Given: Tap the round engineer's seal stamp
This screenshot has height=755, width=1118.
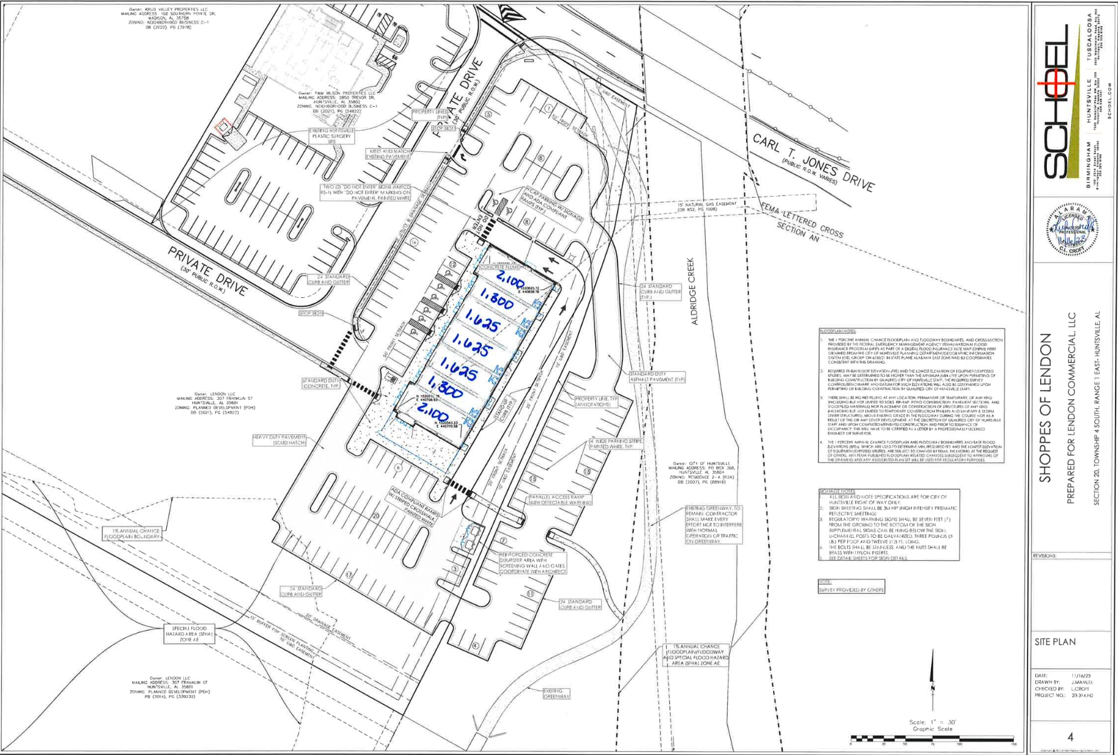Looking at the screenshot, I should tap(1072, 230).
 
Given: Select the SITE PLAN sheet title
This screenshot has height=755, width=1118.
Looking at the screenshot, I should tap(1055, 642).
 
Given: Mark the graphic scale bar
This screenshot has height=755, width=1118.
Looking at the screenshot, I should tap(932, 739).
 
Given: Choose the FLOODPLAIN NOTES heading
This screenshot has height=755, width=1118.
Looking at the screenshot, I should tap(838, 332).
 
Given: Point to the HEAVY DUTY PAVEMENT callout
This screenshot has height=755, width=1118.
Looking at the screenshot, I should tap(280, 440).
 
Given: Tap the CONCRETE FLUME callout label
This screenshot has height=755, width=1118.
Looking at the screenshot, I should tap(499, 267).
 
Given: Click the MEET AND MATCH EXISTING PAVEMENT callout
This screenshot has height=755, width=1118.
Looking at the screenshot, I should tap(388, 154).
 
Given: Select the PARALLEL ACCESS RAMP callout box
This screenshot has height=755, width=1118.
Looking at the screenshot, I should tap(560, 499).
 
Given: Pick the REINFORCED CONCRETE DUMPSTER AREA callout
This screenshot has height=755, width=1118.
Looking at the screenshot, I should tap(532, 563).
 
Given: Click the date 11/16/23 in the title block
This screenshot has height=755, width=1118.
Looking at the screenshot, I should tap(1081, 675).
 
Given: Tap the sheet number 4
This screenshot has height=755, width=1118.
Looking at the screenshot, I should tap(1070, 737).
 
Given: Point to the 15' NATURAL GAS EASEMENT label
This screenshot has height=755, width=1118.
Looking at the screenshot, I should tap(707, 206).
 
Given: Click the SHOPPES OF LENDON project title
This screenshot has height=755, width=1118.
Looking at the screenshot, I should tap(1045, 408).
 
